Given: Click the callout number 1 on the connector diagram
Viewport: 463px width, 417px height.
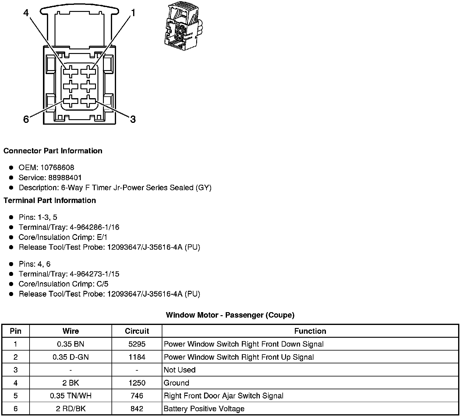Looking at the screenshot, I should tap(133, 13).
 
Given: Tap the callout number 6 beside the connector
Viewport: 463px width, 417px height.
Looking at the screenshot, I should tap(26, 119).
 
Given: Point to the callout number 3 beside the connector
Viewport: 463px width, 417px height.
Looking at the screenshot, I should tap(133, 119).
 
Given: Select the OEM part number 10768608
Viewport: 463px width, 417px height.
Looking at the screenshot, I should tap(57, 168).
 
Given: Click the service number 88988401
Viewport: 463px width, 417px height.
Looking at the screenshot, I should tap(65, 178).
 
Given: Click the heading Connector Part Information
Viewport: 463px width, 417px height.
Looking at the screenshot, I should tap(53, 151).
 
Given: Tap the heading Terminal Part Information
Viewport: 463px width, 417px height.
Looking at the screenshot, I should tap(50, 201).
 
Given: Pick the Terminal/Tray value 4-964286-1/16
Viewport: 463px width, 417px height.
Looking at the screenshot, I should tap(94, 227).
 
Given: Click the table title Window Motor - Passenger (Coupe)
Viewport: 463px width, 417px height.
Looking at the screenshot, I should tap(230, 315).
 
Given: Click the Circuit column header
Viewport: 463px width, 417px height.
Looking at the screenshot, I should tap(137, 331).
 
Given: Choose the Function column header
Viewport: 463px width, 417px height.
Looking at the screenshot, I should tap(310, 331).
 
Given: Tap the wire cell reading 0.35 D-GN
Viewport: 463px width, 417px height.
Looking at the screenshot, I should tap(71, 357).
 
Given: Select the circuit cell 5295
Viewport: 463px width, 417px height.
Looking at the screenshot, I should tap(137, 344).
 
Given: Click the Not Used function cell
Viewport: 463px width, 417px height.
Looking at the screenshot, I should tap(180, 370).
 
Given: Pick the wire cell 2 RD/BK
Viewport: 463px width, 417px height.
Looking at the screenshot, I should tap(71, 409).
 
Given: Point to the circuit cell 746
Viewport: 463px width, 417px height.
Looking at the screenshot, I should tap(137, 396).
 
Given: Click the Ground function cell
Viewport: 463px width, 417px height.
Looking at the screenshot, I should tap(176, 383).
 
